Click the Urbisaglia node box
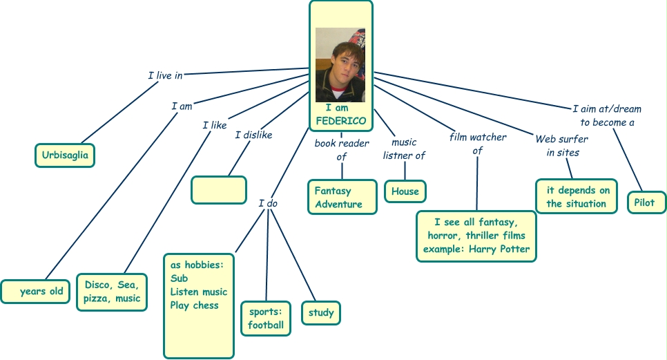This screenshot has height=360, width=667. pos(65,155)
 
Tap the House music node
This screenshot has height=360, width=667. pos(405,191)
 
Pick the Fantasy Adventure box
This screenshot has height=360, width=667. pos(342,198)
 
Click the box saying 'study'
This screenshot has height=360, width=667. pos(321,313)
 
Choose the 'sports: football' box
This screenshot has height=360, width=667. pos(266,319)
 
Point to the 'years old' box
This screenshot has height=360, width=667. pos(37,292)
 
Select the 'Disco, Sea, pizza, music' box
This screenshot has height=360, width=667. pos(111,292)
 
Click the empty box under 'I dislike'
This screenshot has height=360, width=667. pos(218,190)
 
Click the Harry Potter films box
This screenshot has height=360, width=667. pos(476,236)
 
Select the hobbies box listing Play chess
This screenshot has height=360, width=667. pos(199,305)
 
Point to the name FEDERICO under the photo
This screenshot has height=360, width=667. pos(340,121)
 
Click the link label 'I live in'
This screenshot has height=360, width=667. pos(165,75)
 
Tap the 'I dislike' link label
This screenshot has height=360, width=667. pos(253,135)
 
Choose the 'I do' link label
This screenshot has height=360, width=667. pos(268,203)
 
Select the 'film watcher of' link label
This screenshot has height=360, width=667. pos(478,144)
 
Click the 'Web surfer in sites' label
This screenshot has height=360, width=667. pos(562,146)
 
